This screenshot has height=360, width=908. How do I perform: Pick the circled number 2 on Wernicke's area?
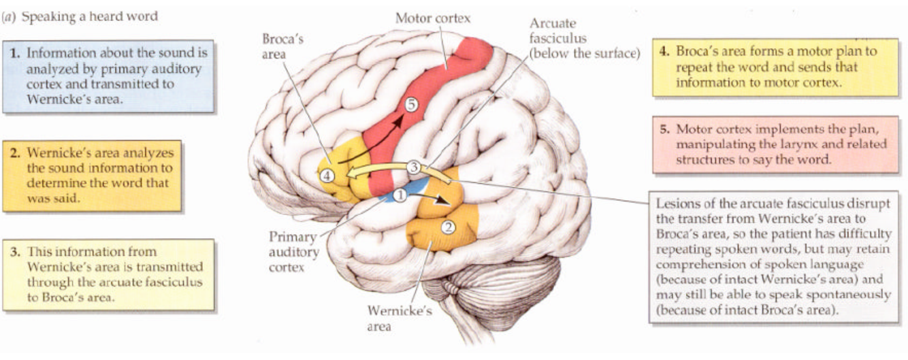pos(448,227)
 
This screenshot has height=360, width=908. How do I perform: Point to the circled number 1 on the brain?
pos(400,195)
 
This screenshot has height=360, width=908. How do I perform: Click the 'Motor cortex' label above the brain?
pos(433,18)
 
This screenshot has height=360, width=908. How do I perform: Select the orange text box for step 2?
pos(92,176)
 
